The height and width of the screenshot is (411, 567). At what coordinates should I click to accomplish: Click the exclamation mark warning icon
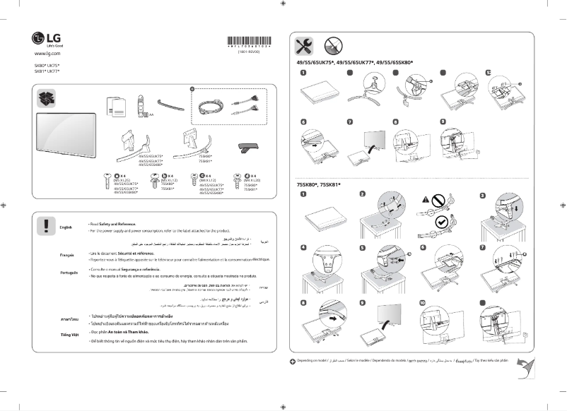[x=47, y=225]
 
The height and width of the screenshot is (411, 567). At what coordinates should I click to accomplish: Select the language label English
[x=66, y=227]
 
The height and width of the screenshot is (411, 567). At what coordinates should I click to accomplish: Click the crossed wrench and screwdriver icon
[x=307, y=47]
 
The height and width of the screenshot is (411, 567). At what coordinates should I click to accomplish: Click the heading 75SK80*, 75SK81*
[x=318, y=184]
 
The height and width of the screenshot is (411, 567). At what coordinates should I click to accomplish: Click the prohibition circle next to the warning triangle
[x=437, y=199]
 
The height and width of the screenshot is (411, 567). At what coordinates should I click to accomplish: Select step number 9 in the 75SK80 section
[x=363, y=303]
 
